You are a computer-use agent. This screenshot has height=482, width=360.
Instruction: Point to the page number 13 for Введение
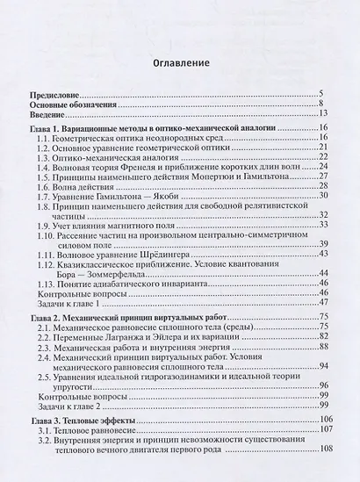pos(323,114)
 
